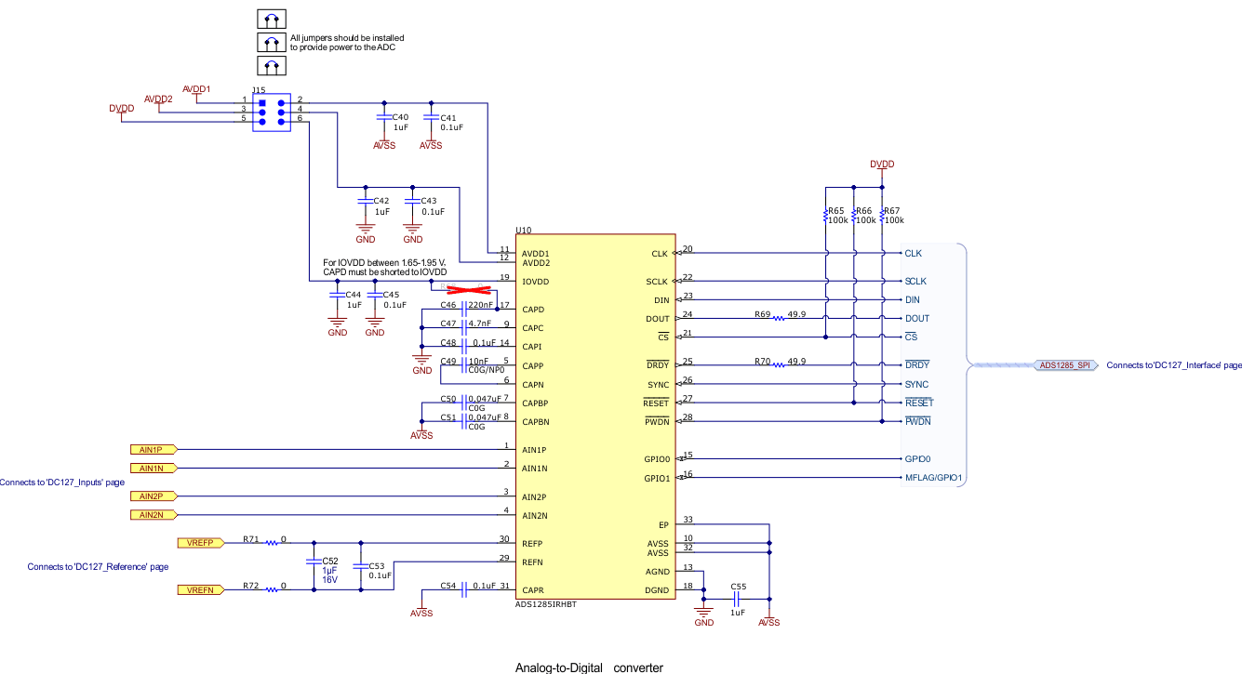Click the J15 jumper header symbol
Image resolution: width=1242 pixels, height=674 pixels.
(x=271, y=111)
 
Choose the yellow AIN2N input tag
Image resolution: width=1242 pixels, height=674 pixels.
(x=152, y=515)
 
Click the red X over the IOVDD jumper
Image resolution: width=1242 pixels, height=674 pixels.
(x=465, y=290)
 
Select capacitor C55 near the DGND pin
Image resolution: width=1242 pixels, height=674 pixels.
(x=737, y=600)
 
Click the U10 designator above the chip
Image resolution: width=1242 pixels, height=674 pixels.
(x=523, y=230)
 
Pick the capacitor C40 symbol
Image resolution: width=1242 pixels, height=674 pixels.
(x=383, y=117)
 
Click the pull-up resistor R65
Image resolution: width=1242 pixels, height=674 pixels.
(x=826, y=216)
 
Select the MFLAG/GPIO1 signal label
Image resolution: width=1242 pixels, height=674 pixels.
(x=933, y=478)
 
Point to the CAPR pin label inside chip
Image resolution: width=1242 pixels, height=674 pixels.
(x=533, y=590)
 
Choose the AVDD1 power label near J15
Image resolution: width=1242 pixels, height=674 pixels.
(x=196, y=89)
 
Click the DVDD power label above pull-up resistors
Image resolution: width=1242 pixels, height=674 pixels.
(x=882, y=164)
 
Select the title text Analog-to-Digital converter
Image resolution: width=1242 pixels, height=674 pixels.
(x=589, y=667)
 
